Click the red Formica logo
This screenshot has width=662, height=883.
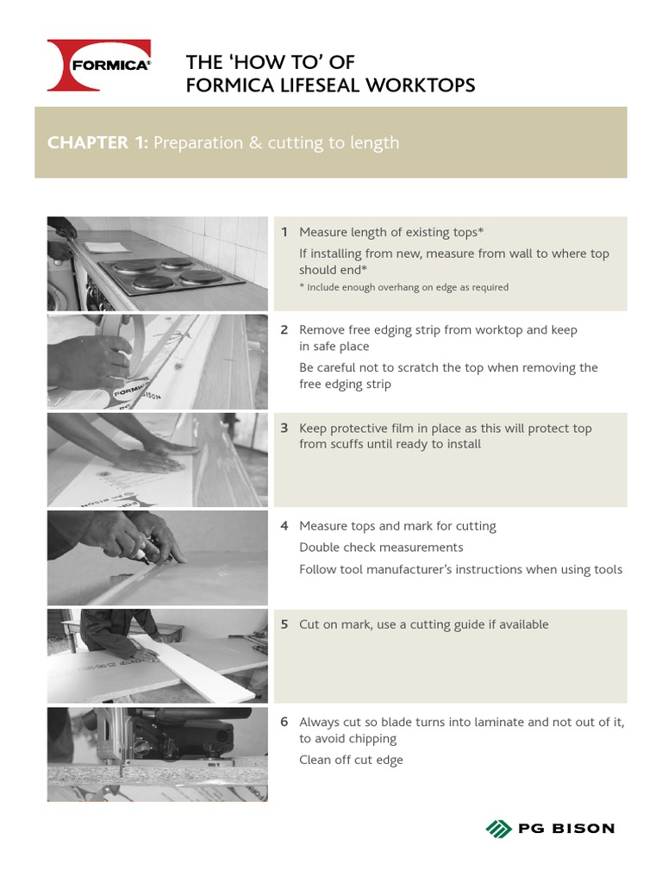[x=99, y=66]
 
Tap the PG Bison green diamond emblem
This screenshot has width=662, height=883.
[x=498, y=829]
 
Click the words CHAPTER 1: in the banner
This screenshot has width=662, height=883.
[x=97, y=143]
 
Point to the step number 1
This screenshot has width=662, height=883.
[x=284, y=233]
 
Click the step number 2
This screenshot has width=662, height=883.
[x=284, y=330]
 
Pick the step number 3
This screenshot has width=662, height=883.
[x=284, y=429]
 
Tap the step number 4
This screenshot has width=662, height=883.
[x=284, y=526]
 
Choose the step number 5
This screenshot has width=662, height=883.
[x=284, y=624]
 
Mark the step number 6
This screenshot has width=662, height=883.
[x=284, y=722]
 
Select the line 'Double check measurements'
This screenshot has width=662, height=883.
[x=381, y=548]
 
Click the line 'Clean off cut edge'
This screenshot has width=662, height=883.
[x=351, y=760]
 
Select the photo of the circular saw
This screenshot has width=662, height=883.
[x=157, y=755]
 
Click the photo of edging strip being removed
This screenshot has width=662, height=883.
[x=157, y=362]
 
